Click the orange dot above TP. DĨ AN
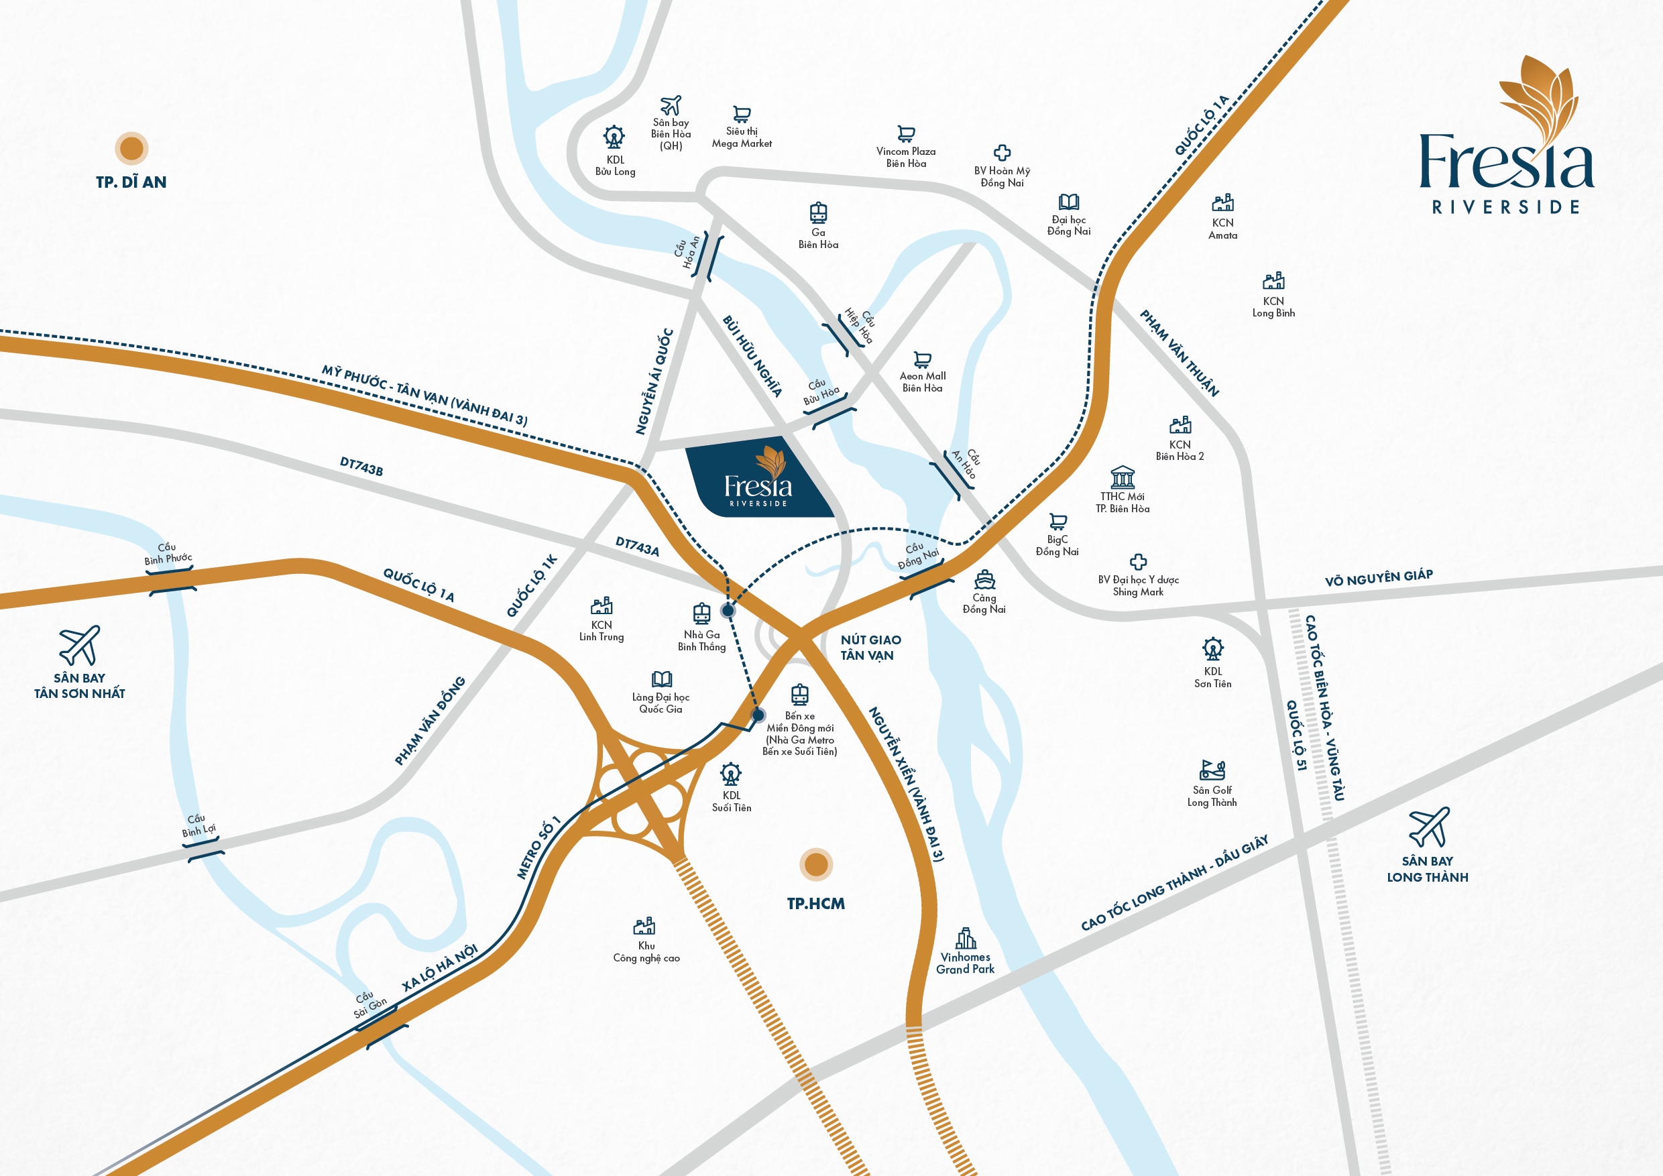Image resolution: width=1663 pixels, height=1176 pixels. point(131,148)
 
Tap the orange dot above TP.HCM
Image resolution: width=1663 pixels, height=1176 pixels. point(816,864)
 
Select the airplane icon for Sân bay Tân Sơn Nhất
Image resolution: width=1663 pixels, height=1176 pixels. point(80,645)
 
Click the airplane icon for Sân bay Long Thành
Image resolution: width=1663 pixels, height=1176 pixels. point(1428,827)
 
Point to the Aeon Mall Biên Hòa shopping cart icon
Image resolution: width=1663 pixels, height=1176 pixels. point(922,359)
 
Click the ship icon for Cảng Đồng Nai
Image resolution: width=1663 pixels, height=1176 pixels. point(984,579)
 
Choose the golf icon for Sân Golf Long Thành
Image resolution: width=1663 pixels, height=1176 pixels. point(1212,770)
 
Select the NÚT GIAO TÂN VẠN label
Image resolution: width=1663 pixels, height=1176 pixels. point(870,648)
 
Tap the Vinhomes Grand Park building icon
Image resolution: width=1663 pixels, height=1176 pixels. point(966,938)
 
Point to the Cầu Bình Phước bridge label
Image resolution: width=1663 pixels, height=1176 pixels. point(168,554)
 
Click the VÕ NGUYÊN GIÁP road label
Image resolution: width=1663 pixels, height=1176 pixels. point(1379,578)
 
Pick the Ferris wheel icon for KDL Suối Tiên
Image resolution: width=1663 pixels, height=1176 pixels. point(731,774)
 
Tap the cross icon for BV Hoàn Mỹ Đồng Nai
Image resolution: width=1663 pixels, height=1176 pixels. point(1002,153)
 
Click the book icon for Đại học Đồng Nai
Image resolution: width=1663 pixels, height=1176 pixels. point(1068,202)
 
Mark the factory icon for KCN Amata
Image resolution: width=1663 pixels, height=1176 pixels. point(1222,202)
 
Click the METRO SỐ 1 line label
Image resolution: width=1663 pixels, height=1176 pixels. point(538,848)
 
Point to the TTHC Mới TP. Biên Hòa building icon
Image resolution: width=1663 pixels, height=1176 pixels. point(1122,477)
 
